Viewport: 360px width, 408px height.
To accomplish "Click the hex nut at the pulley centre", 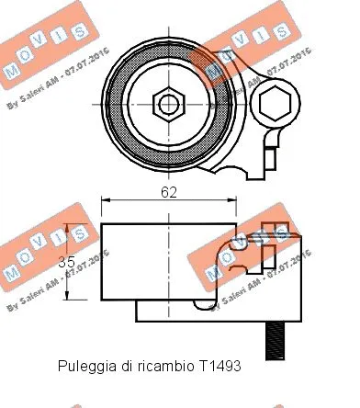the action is tap(168, 102).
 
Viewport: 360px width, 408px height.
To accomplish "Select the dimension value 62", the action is tap(168, 192).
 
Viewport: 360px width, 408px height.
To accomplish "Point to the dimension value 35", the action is tap(67, 262).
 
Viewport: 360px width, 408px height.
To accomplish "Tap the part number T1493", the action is tap(219, 366).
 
